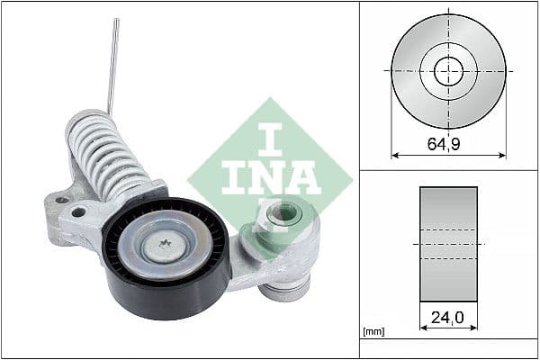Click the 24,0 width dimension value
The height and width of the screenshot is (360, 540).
448,319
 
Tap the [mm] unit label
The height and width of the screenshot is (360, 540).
372,333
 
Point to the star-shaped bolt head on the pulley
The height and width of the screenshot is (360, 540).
166,245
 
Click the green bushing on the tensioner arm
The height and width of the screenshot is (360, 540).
285,214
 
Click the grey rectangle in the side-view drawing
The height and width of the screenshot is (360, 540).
448,243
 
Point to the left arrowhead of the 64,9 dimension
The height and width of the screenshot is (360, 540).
394,154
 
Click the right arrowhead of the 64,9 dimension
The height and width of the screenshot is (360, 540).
502,154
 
